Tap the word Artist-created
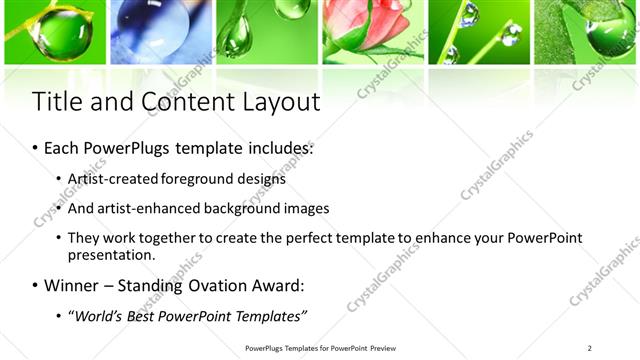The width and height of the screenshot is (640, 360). [x=111, y=180]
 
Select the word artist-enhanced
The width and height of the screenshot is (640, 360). [x=141, y=209]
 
